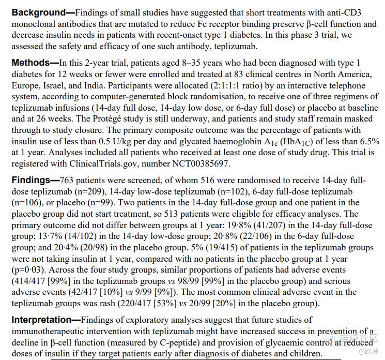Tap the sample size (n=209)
click(95, 191)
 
